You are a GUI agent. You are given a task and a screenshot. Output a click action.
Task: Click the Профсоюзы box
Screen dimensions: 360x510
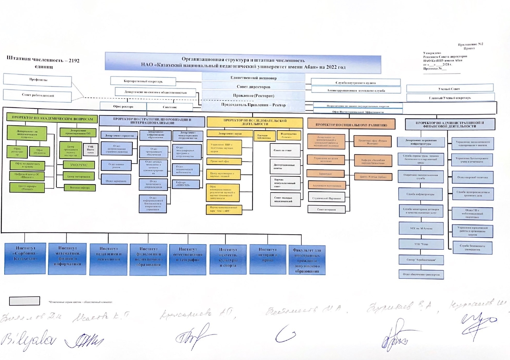tap(38, 80)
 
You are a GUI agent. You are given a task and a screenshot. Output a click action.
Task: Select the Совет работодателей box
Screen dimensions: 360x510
tap(38, 95)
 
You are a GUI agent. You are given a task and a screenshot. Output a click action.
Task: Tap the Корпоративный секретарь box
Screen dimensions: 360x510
tap(143, 81)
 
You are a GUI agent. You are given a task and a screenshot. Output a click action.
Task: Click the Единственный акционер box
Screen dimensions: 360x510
tap(253, 78)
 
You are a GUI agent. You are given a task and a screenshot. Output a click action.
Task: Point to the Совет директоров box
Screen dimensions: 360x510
tap(253, 86)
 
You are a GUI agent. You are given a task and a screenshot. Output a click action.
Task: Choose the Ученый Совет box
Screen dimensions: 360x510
tap(450, 89)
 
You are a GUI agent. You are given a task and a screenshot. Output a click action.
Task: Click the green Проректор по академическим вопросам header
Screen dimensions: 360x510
tap(52, 118)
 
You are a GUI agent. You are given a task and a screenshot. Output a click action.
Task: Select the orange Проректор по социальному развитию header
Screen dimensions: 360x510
tap(351, 124)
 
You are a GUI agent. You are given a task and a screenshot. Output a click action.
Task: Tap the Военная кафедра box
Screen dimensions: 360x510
tap(80, 188)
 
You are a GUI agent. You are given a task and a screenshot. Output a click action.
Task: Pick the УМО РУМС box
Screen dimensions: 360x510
tap(78, 165)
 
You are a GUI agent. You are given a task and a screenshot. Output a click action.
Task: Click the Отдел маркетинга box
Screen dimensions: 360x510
tap(116, 181)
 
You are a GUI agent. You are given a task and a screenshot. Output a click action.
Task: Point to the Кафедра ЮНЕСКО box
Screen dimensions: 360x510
tap(186, 184)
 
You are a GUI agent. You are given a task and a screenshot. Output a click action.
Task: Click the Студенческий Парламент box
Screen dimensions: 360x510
tap(326, 198)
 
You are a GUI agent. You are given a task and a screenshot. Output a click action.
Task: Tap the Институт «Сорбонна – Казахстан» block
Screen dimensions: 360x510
tap(25, 258)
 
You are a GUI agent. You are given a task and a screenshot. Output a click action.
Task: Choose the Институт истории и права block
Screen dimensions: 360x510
tap(268, 258)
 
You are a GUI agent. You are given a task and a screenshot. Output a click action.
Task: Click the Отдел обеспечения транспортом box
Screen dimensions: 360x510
tap(421, 274)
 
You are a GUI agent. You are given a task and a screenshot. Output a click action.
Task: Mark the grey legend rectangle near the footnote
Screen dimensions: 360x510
tap(25, 301)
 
